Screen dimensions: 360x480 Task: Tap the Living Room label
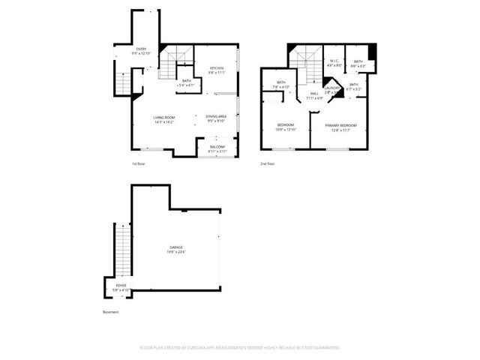pos(164,117)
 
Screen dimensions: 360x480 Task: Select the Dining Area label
pos(217,116)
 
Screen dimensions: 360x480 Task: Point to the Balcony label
pos(217,146)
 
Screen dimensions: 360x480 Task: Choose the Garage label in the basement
pos(176,247)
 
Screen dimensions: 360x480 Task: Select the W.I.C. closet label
pos(335,61)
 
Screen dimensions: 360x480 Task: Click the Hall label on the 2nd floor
pos(314,94)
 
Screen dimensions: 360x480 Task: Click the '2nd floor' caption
pos(268,163)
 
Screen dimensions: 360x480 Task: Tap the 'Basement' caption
pos(110,312)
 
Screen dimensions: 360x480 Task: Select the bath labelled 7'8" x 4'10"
pos(281,85)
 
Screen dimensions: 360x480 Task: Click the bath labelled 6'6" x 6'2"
pos(358,64)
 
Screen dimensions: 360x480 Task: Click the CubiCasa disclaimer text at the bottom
pos(240,347)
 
